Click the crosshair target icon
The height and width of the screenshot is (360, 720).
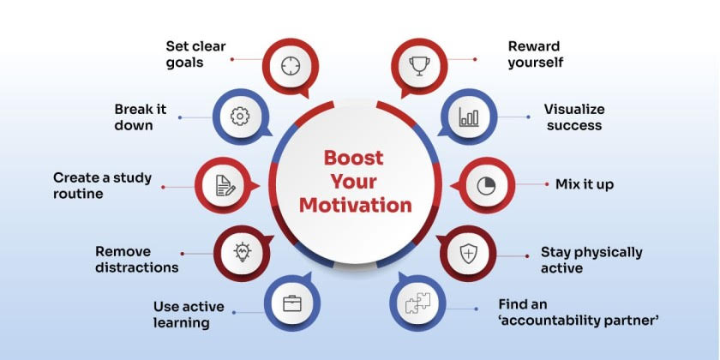[x=291, y=66]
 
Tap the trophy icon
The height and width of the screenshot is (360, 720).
[x=419, y=66]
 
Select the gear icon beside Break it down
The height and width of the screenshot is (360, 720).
[x=240, y=117]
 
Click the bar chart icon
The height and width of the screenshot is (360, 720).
[x=469, y=117]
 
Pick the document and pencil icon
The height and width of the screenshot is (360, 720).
[x=225, y=185]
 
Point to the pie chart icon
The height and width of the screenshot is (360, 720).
[x=486, y=186]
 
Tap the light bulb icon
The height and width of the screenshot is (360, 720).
[x=242, y=252]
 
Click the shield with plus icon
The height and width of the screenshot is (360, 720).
[x=468, y=254]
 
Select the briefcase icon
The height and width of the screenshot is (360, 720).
[x=292, y=303]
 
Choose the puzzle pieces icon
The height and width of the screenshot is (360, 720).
[x=418, y=303]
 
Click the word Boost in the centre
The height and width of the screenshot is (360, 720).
[x=353, y=158]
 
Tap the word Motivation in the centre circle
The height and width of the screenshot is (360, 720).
[x=356, y=205]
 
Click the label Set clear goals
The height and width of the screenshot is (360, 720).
[x=196, y=54]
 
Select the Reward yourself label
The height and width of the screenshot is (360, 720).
[x=536, y=54]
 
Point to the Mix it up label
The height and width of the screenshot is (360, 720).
[x=585, y=184]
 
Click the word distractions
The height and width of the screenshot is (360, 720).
[x=137, y=267]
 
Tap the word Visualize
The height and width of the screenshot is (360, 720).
[x=574, y=110]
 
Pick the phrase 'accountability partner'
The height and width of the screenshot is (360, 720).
[x=579, y=321]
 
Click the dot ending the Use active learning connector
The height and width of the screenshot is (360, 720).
[x=234, y=312]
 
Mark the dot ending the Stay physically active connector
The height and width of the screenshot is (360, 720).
[x=527, y=256]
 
